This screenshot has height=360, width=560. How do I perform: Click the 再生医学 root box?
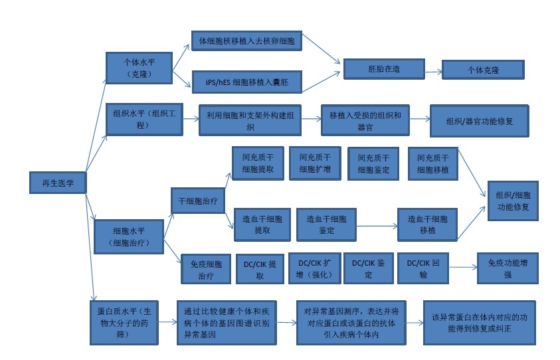pyautogui.click(x=58, y=183)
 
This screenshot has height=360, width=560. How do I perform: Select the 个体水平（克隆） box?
pyautogui.click(x=140, y=68)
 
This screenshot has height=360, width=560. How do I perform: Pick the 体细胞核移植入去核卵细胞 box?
pyautogui.click(x=246, y=41)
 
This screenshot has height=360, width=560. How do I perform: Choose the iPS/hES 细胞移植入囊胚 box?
pyautogui.click(x=246, y=81)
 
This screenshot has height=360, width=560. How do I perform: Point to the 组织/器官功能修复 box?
pyautogui.click(x=479, y=122)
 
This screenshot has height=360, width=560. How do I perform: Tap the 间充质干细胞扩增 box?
pyautogui.click(x=315, y=163)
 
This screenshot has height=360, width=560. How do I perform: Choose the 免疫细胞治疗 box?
pyautogui.click(x=206, y=268)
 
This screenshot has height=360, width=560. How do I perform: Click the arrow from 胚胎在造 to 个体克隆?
pyautogui.click(x=433, y=70)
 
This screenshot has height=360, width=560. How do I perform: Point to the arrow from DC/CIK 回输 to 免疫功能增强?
pyautogui.click(x=462, y=268)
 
